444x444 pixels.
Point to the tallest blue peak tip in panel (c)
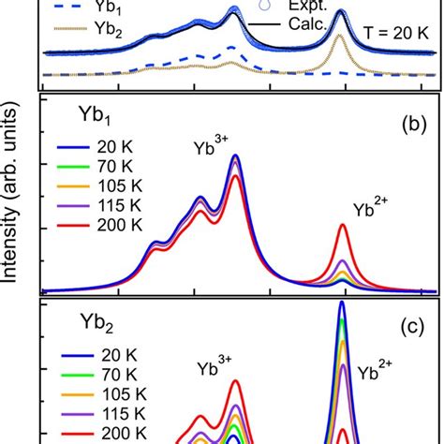point(343,303)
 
